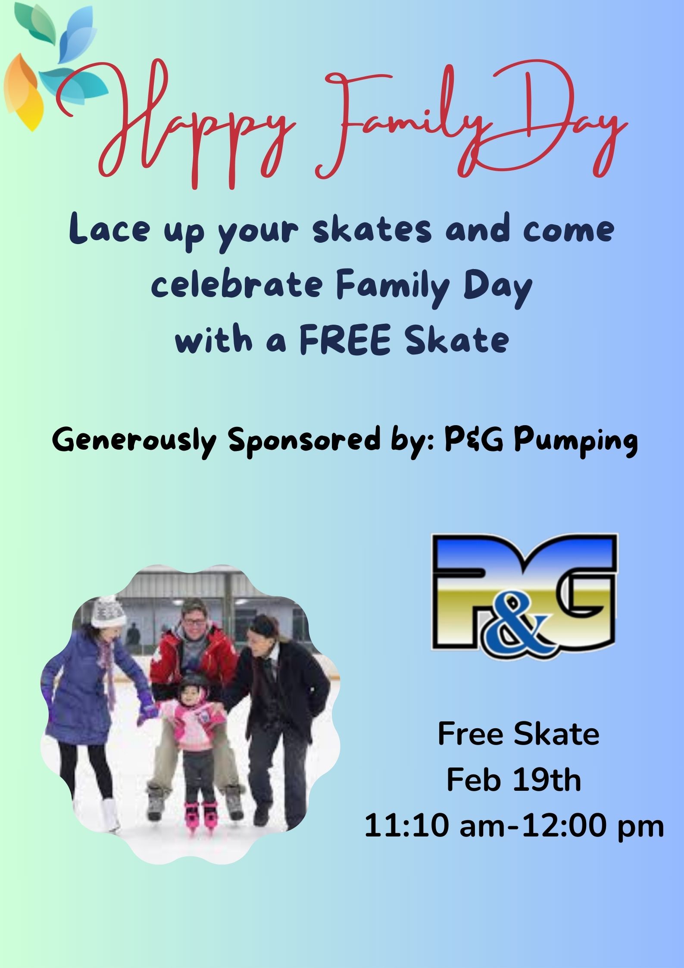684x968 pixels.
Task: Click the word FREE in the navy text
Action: pos(344,339)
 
